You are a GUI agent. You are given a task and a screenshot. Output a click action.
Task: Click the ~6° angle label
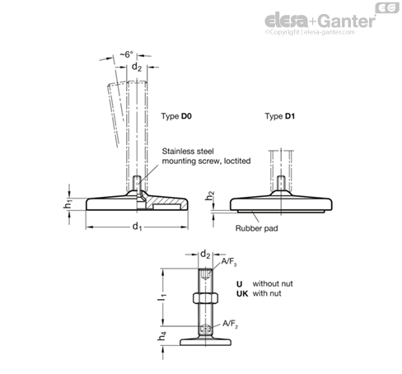tap(127, 54)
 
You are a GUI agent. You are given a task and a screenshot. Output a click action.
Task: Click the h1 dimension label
tap(68, 204)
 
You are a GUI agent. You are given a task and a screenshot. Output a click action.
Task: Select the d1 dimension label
tap(137, 227)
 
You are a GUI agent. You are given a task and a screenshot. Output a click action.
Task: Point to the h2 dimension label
tap(209, 196)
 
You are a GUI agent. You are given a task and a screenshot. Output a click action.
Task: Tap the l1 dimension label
tap(161, 297)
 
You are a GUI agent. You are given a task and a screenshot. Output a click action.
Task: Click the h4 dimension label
tap(162, 335)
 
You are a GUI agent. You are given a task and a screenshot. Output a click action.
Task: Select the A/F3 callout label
tap(229, 262)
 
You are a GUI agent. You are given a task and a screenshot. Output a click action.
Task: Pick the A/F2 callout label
tap(230, 324)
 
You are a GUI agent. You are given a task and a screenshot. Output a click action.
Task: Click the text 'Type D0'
tap(176, 116)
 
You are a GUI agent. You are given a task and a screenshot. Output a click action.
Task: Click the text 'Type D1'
tap(280, 116)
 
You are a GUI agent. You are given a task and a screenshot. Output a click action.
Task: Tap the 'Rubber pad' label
tap(256, 228)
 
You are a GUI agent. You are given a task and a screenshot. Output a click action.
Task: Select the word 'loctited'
tap(237, 161)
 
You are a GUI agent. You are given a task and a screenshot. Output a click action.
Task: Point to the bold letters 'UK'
tap(242, 293)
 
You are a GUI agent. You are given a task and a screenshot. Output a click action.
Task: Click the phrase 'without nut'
tap(273, 283)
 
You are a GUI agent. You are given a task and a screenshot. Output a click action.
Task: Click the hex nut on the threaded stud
tap(205, 298)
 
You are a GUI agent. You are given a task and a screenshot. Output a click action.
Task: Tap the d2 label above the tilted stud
tap(137, 67)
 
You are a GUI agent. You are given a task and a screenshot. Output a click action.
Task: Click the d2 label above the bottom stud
tap(205, 255)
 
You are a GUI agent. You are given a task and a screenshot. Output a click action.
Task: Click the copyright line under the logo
tap(310, 32)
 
